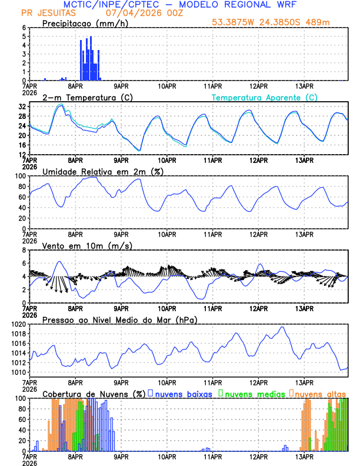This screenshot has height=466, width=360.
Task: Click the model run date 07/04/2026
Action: (x=130, y=12)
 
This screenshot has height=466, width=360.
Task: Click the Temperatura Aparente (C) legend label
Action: (x=264, y=97)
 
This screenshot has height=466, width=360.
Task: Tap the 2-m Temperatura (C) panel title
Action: (x=86, y=97)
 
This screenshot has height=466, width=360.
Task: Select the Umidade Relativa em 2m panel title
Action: (x=103, y=171)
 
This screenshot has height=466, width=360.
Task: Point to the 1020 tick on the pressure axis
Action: (x=19, y=324)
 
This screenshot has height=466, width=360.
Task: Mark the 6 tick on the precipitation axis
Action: (x=24, y=28)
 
